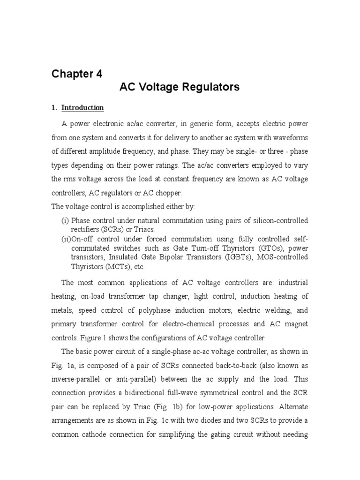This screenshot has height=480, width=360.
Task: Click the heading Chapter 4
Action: click(76, 74)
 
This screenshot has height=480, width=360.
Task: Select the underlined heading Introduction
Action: click(83, 108)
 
